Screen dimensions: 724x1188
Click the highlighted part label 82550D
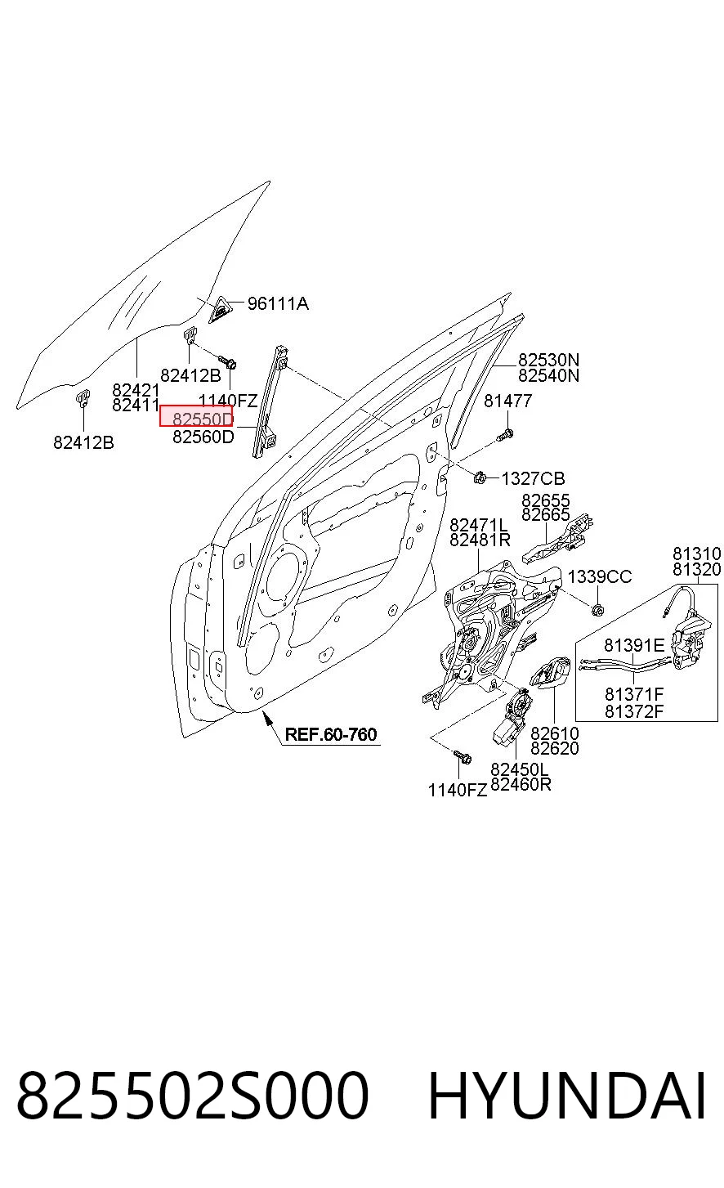(x=203, y=419)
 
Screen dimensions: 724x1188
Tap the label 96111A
(x=278, y=304)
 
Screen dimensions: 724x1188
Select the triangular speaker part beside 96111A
(x=221, y=310)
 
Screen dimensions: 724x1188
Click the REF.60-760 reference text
(x=331, y=734)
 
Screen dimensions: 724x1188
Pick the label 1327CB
(x=533, y=479)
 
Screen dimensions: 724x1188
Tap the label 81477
(x=507, y=401)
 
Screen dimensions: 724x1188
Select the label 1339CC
(x=600, y=576)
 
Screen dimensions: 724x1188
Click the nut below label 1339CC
(x=597, y=611)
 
